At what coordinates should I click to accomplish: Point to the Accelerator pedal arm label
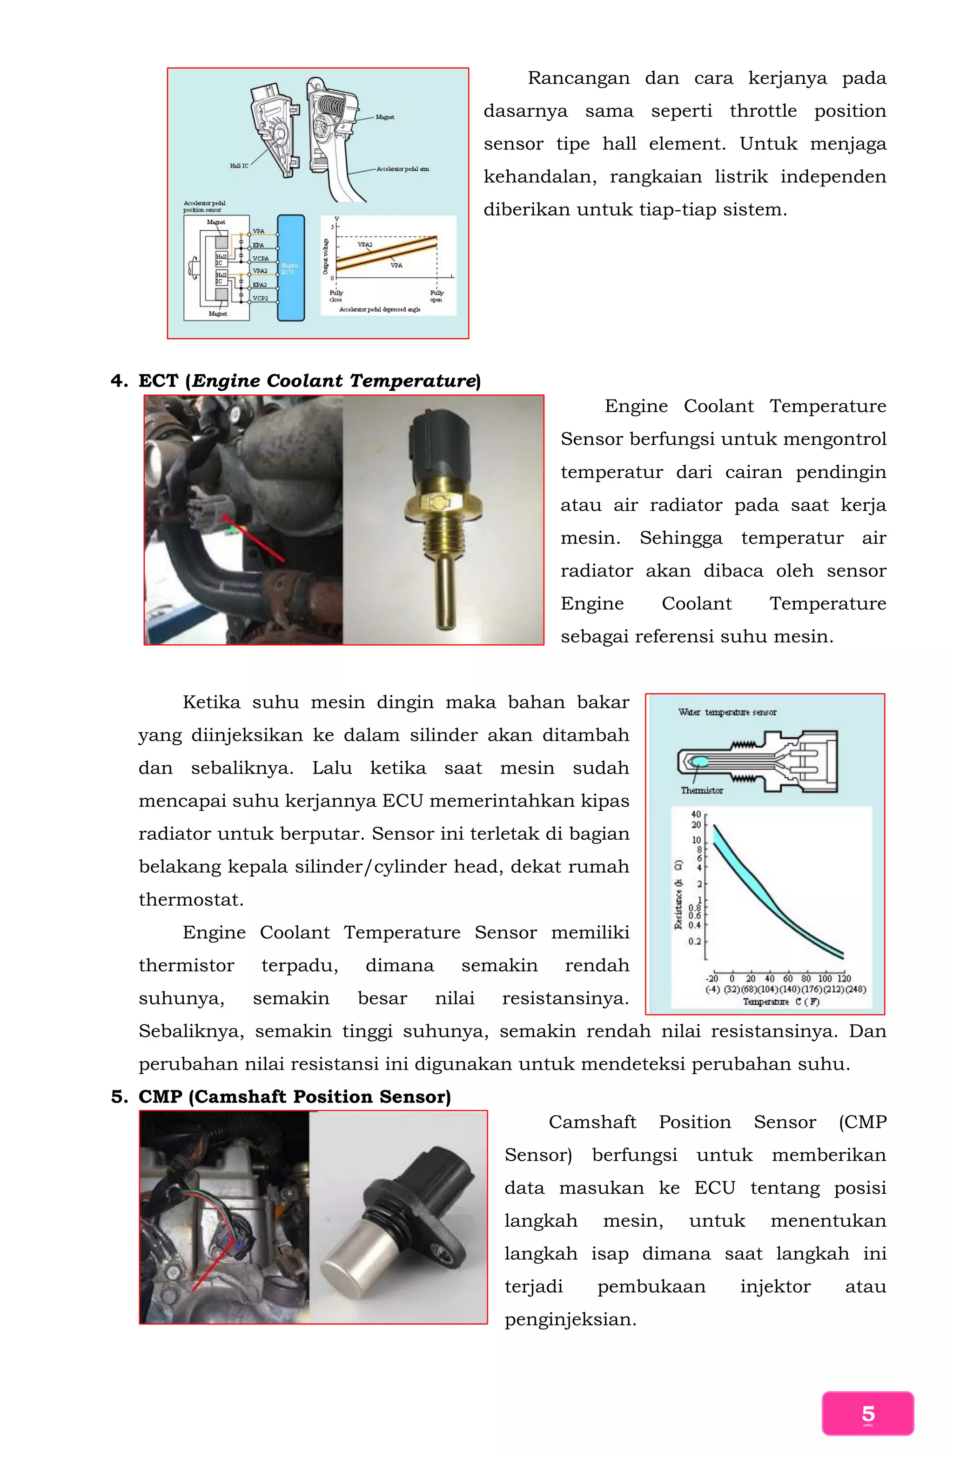403,169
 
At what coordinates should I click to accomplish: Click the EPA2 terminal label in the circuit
260,285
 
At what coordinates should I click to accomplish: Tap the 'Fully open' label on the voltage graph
436,296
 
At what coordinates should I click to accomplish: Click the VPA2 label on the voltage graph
365,244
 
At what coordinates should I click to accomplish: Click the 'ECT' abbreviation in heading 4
158,381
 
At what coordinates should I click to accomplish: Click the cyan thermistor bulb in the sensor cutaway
699,762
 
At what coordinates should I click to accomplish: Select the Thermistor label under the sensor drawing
702,790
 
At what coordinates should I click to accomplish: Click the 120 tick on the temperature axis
844,978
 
